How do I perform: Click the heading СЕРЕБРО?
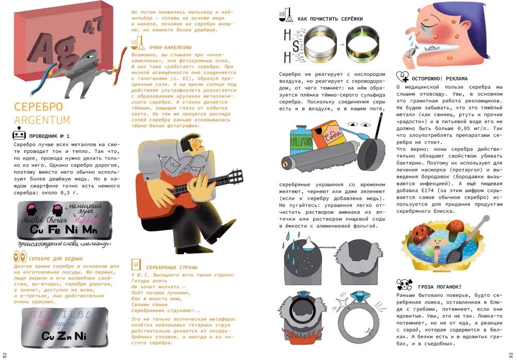click(x=38, y=107)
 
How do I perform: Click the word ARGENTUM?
click(x=42, y=120)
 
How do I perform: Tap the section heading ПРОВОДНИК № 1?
click(x=49, y=135)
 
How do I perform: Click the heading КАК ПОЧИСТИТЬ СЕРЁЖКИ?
click(x=330, y=19)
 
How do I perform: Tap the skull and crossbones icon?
click(x=404, y=285)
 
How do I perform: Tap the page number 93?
click(x=510, y=354)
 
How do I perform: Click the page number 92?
click(x=5, y=354)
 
